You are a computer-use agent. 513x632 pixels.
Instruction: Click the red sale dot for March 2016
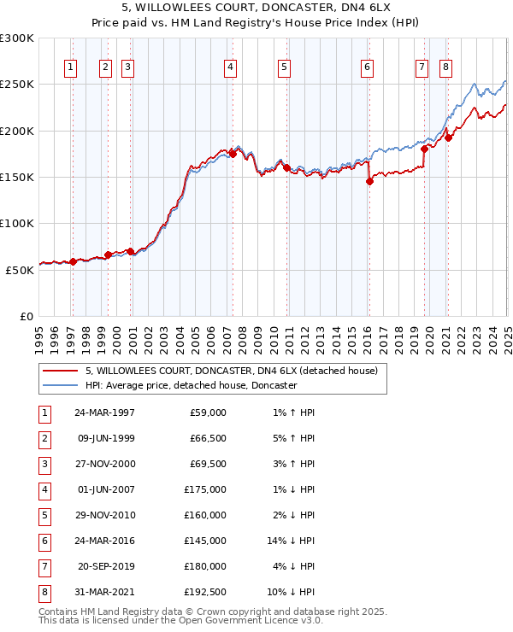coord(369,181)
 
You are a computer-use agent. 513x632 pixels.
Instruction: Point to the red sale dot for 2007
coord(233,154)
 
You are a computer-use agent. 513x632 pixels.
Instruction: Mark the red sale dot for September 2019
coord(424,149)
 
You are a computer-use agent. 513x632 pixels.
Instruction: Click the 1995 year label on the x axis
coord(38,333)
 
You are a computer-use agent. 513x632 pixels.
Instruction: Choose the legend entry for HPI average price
coord(190,386)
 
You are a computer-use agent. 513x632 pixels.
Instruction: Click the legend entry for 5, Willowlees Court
coord(237,371)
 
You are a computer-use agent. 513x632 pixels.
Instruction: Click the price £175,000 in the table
coord(205,489)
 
